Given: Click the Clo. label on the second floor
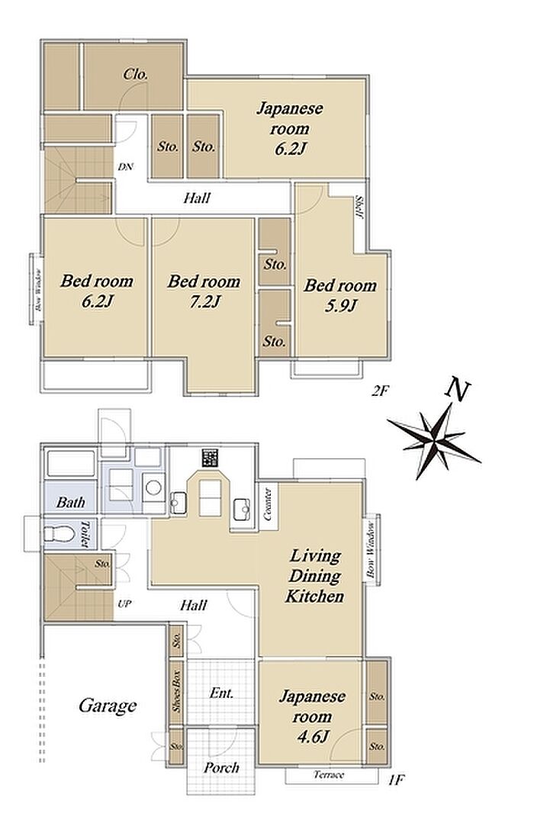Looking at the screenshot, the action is [x=136, y=75].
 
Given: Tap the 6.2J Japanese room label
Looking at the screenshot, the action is [x=290, y=129].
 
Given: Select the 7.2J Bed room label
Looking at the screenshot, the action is [x=204, y=291].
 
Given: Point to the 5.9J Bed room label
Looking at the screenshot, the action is [x=340, y=295].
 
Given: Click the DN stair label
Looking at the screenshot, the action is [x=125, y=167].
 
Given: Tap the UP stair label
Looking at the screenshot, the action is [x=124, y=604].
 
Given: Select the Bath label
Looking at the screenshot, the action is [x=70, y=502].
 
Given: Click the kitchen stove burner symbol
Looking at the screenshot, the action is [x=211, y=458].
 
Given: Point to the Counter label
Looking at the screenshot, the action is [x=268, y=504].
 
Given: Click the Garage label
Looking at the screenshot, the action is [x=108, y=706].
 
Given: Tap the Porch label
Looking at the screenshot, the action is [x=221, y=767].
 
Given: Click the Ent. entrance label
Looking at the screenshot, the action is [x=221, y=693].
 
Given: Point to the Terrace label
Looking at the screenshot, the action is [x=328, y=775].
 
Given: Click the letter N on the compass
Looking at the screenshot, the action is [x=458, y=389].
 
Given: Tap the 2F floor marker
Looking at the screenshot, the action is [x=381, y=392].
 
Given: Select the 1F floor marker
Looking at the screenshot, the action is [x=397, y=780].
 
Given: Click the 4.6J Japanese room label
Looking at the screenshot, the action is [x=313, y=716].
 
